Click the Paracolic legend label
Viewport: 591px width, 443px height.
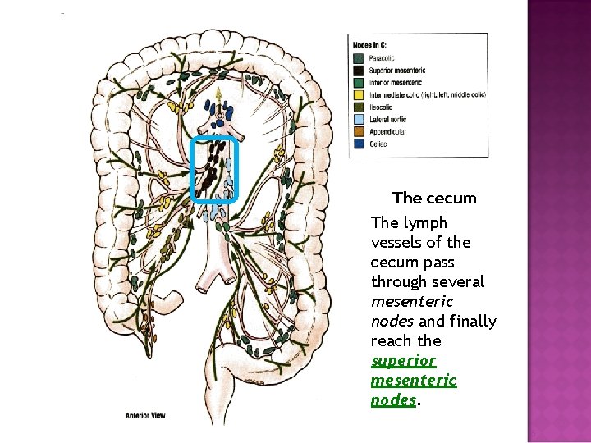point(383,58)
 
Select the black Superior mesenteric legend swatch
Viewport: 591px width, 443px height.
point(359,71)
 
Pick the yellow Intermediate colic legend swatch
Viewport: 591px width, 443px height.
point(359,95)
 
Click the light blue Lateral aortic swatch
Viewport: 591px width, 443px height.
point(359,120)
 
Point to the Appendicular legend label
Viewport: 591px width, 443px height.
point(387,132)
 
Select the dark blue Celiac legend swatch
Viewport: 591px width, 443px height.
point(359,144)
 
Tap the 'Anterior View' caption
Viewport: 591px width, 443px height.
point(145,416)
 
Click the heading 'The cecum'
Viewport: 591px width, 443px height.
point(434,198)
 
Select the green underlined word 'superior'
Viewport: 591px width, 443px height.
point(403,361)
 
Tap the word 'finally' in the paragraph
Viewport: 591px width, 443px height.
point(471,322)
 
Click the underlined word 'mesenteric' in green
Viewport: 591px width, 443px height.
point(414,381)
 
